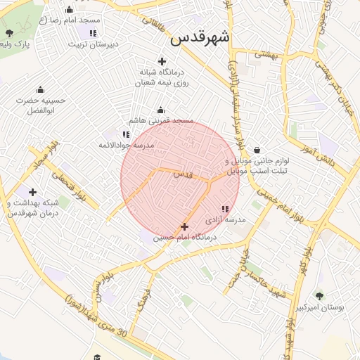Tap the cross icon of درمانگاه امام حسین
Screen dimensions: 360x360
coord(184,226)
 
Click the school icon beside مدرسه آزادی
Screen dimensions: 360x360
coord(225,209)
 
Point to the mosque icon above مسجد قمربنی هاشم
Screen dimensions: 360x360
coord(160,110)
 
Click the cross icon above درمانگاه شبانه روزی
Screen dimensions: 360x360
coord(162,61)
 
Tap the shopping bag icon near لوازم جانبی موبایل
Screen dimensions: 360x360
coord(256,150)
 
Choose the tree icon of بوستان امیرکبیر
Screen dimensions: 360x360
coord(319,297)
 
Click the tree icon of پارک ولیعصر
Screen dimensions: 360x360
coord(9,32)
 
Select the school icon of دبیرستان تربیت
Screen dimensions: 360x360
coord(93,33)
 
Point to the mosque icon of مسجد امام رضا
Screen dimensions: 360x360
coord(70,10)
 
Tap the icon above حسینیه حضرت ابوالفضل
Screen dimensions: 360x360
coord(40,89)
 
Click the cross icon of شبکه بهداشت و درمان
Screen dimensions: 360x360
coord(32,192)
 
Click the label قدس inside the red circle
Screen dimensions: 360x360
coord(181,174)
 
